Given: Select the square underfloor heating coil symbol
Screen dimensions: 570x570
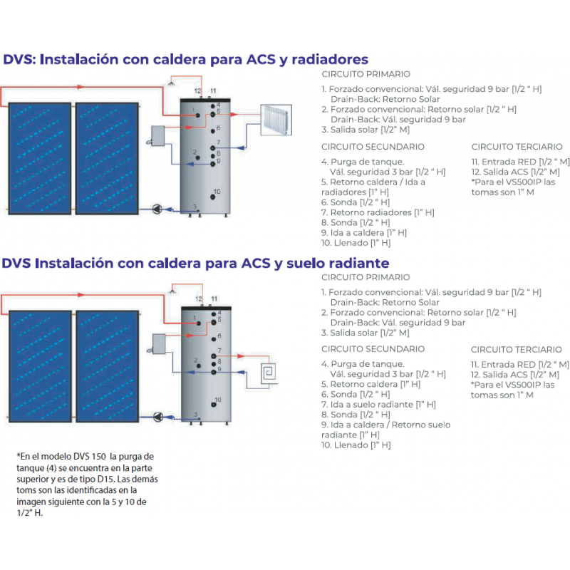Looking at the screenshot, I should (271, 373).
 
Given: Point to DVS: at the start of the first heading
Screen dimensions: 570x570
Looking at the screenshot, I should (19, 59).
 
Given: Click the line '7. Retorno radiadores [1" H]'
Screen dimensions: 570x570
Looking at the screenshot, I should (378, 212).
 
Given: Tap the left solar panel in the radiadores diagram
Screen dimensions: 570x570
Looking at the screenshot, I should (38, 156).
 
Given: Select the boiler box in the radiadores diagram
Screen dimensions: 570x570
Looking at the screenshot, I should (163, 136).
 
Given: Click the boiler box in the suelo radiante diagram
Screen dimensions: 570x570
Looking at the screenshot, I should (163, 344).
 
